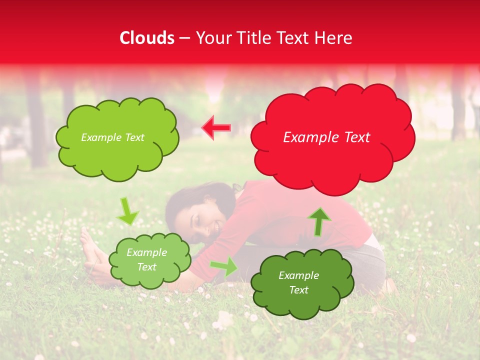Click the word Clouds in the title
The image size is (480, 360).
(x=147, y=38)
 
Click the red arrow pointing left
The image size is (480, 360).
(x=216, y=128)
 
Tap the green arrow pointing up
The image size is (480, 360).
(x=319, y=221)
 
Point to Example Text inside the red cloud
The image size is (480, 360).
(x=326, y=137)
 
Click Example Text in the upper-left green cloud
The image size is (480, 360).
(x=112, y=137)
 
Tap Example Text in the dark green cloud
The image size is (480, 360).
(x=298, y=282)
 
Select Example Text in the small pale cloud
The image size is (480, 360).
(x=146, y=259)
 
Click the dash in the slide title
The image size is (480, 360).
(x=184, y=38)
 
